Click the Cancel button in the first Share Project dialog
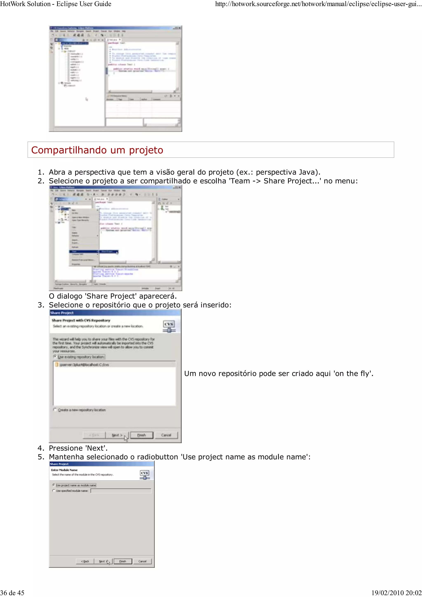(166, 435)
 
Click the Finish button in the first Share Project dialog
(141, 435)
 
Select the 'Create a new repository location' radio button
(55, 410)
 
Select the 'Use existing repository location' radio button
(55, 356)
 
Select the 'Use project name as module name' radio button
(54, 485)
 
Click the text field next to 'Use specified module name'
(121, 491)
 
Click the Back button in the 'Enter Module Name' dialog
(85, 561)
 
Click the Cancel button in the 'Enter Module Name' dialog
(142, 561)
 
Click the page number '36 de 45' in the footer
(12, 593)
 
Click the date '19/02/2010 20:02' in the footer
(396, 593)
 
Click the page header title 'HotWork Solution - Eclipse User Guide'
(56, 4)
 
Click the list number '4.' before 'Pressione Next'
(41, 448)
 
